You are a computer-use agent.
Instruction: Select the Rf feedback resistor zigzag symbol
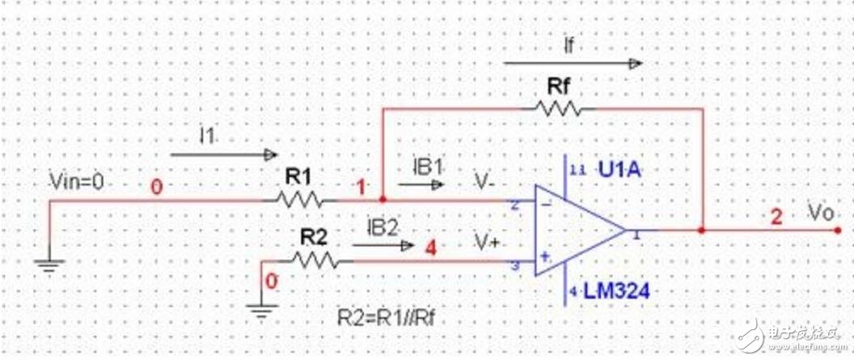point(556,108)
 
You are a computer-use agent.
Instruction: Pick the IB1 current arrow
point(421,184)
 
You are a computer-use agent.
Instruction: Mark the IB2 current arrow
point(384,245)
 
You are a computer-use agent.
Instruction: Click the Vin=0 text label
point(77,183)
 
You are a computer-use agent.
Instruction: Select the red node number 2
point(776,216)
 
